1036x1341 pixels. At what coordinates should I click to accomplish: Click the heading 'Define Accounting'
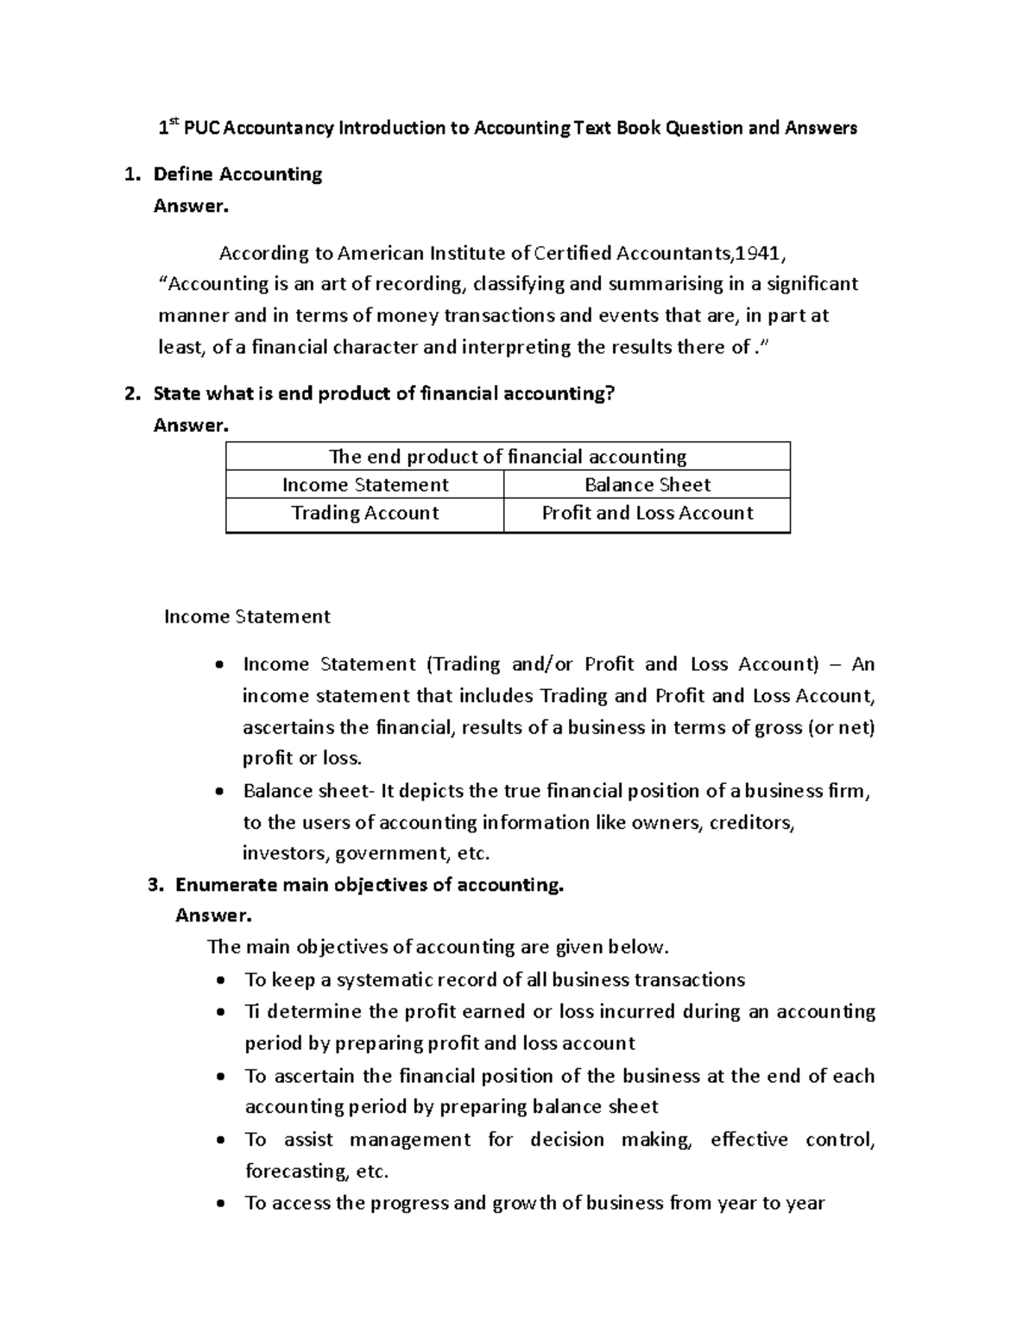(237, 174)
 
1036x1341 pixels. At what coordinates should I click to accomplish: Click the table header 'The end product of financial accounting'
(508, 457)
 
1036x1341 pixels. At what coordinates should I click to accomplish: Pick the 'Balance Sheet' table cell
(647, 484)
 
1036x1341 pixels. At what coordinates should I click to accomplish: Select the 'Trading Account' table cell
(364, 513)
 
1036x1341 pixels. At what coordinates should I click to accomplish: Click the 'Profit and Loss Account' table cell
(647, 513)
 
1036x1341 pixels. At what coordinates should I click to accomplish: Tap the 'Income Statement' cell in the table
(364, 484)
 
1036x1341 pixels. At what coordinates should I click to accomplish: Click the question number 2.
(130, 394)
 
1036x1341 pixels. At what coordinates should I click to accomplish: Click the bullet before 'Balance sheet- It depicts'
(221, 792)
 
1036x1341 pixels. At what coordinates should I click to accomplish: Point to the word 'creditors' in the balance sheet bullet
(750, 822)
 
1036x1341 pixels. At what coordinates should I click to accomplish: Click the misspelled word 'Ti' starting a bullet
(252, 1011)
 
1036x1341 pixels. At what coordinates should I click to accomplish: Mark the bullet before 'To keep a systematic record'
(223, 981)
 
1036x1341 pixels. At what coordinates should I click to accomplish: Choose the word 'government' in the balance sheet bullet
(392, 854)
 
